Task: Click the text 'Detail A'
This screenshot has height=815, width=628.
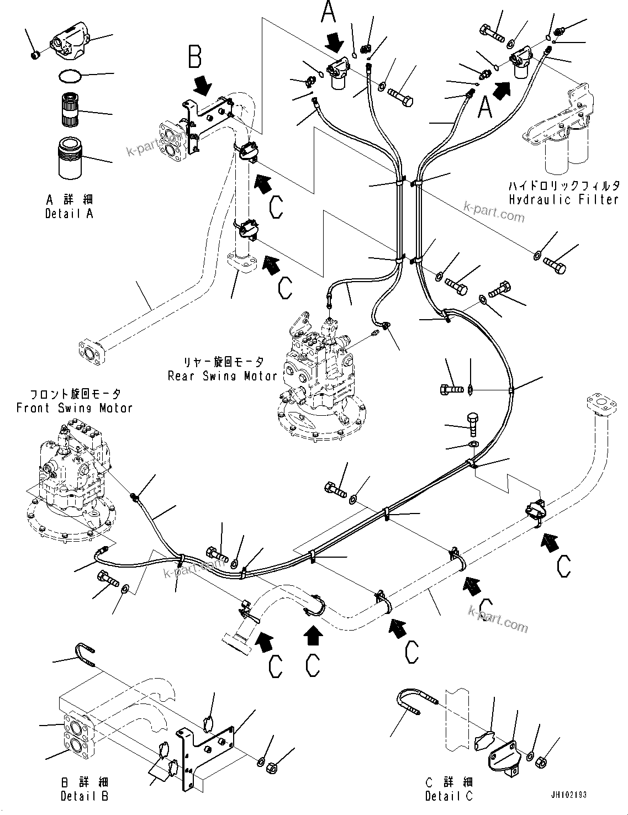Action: (x=69, y=214)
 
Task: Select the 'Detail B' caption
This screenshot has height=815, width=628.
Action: (x=84, y=796)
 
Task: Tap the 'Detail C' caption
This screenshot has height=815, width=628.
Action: (x=448, y=796)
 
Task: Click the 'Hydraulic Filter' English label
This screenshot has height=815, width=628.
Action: (x=563, y=199)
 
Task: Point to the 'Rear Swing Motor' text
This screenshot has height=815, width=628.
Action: (x=223, y=376)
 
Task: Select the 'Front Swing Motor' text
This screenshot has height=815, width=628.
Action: (x=75, y=408)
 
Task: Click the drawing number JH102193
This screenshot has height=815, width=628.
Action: (x=568, y=796)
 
